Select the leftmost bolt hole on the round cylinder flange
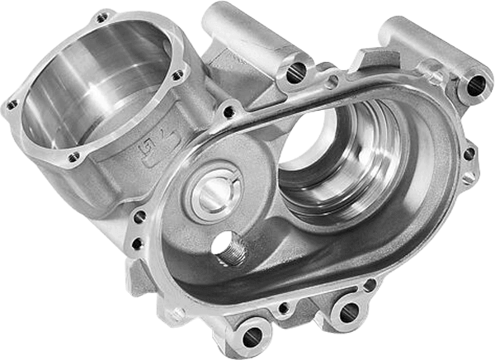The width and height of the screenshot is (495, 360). (12, 105)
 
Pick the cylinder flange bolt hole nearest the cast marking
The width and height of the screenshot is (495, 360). (75, 156)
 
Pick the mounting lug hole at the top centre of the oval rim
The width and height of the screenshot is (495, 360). (293, 73)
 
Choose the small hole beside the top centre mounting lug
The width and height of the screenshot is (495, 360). (331, 81)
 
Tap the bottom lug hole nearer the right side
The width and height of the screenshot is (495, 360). (348, 311)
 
